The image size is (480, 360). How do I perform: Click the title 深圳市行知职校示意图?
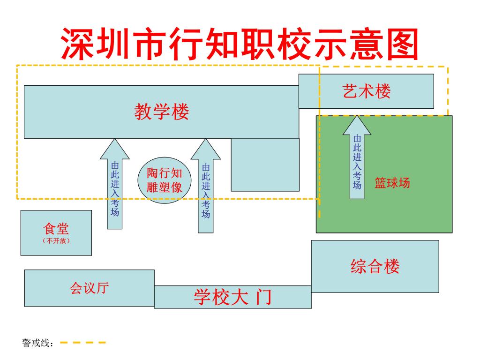click(240, 44)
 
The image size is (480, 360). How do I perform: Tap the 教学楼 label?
click(162, 112)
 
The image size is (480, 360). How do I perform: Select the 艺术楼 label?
click(367, 91)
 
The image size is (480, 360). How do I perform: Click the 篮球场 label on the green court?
click(392, 183)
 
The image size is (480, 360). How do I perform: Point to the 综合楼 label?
click(375, 266)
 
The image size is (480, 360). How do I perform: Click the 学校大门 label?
click(233, 297)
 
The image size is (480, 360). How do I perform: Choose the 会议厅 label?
click(89, 288)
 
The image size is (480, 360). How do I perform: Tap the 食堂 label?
click(56, 229)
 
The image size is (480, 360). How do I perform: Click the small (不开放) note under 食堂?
click(56, 240)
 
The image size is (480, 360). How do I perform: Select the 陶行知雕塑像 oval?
click(165, 180)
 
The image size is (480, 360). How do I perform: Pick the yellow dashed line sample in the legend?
click(82, 343)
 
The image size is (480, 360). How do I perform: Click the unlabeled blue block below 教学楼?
click(265, 165)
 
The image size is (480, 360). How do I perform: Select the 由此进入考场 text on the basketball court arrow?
click(357, 162)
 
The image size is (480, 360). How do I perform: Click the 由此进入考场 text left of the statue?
click(115, 189)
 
